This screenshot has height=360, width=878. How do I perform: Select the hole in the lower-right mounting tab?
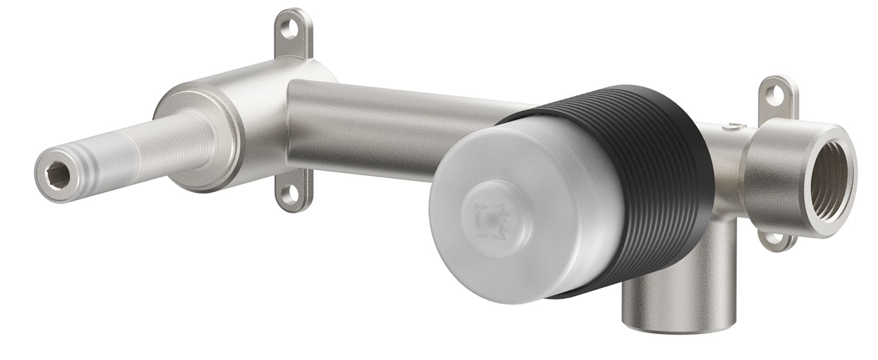coord(775,239)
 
